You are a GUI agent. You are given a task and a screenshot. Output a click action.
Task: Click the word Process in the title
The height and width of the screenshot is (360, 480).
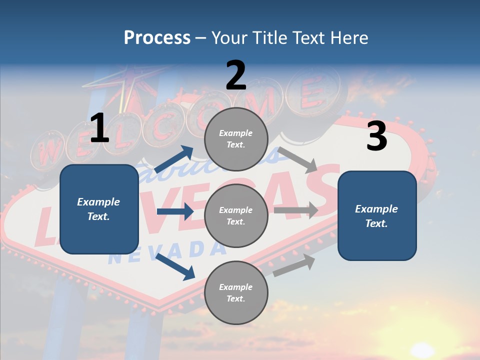(x=157, y=38)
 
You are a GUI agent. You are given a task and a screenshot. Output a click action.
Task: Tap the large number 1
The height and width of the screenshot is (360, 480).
(x=99, y=128)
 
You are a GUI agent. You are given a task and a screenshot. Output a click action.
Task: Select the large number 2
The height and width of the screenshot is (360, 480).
(x=236, y=75)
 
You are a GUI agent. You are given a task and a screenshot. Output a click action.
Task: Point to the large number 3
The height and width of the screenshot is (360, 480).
(x=376, y=136)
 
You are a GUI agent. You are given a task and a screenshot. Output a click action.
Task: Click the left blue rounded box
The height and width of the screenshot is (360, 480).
(x=99, y=209)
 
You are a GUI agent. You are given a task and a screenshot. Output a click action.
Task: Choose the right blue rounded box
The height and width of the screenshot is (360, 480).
(x=377, y=216)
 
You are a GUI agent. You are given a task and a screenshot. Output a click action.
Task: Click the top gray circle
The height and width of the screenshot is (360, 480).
(x=236, y=139)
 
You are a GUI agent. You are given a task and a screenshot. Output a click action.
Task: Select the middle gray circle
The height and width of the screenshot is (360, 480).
(x=236, y=216)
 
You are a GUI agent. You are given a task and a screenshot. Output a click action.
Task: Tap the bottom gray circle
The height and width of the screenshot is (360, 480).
(x=236, y=293)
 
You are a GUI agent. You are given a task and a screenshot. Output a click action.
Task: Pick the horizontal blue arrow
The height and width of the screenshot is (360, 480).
(x=175, y=211)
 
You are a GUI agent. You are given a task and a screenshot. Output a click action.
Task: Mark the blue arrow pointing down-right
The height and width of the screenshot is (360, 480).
(x=175, y=265)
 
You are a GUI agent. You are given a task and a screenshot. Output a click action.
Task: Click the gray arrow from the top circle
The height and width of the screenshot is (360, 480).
(x=297, y=159)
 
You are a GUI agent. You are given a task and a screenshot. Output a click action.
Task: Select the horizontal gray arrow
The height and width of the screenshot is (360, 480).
(x=296, y=210)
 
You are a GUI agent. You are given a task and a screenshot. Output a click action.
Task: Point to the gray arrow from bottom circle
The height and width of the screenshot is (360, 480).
(x=294, y=265)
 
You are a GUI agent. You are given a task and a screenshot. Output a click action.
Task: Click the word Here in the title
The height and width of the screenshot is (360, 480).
(x=348, y=38)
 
